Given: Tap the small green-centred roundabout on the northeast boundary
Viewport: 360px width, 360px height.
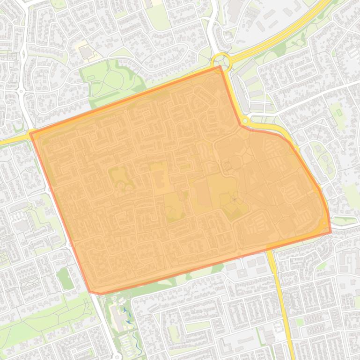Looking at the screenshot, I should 244,121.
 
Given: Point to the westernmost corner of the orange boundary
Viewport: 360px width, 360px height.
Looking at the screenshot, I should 30,134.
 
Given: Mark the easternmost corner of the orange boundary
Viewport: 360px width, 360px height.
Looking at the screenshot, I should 331,231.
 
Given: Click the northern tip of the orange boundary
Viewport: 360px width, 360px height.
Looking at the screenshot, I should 220,66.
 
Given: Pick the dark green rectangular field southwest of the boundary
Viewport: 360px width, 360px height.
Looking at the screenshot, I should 65,279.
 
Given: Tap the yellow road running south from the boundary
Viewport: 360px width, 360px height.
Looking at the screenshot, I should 280,299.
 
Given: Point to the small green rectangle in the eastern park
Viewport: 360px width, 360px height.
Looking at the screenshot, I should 338,112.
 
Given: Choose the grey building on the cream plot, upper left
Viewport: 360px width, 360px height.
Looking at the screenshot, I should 86,52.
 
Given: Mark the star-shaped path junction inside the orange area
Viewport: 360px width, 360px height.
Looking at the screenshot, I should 234,200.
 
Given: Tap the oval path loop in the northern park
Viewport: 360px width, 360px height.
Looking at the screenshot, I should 110,80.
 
